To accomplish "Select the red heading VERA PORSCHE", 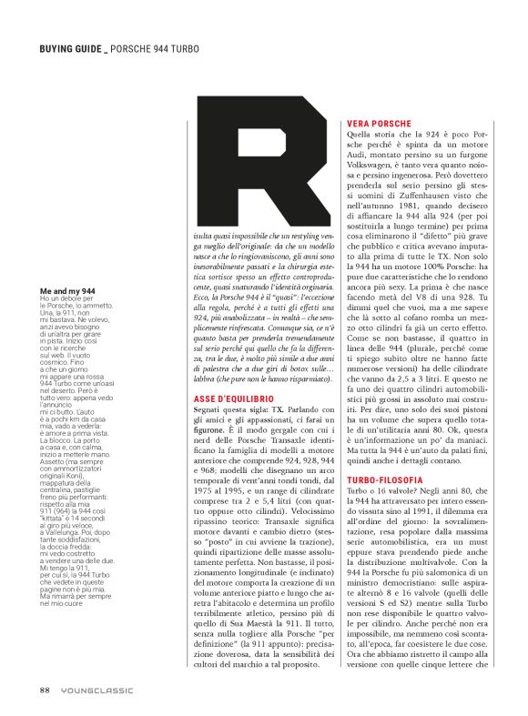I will tap(381, 123).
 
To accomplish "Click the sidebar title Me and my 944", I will tap(70, 289).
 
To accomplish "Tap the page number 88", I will tap(44, 691).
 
